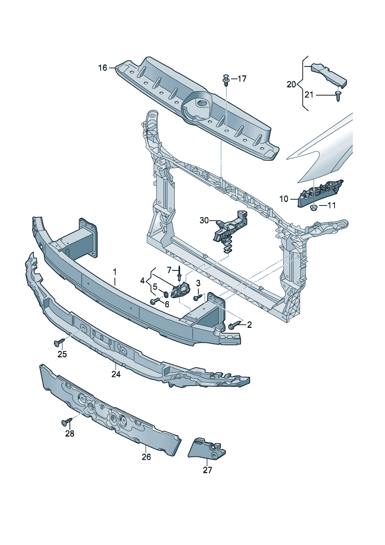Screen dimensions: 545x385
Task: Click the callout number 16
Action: click(102, 68)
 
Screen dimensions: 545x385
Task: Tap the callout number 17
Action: click(242, 79)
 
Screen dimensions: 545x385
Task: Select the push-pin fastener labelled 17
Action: click(225, 80)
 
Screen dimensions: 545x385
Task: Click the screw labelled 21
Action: click(338, 95)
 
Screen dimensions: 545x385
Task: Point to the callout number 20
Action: click(291, 84)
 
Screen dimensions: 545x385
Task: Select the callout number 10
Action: click(284, 199)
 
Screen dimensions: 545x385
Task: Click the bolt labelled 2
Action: click(234, 326)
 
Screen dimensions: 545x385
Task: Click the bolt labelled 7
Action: click(179, 274)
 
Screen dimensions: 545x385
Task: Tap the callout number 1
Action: click(114, 271)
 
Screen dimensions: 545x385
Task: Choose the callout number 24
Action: click(116, 374)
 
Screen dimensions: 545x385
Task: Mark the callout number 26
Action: click(146, 457)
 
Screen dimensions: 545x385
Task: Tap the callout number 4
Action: click(143, 280)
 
